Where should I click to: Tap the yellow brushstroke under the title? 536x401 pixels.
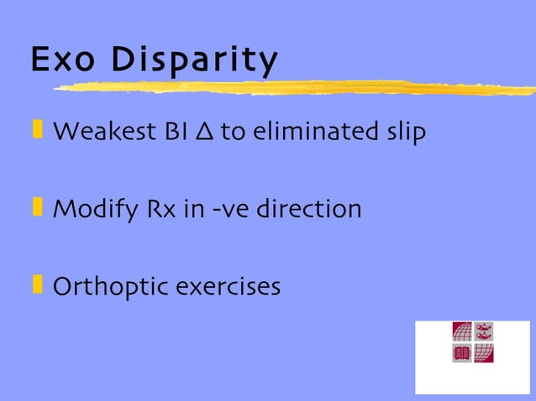pyautogui.click(x=294, y=86)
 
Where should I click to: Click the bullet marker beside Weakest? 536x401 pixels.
pyautogui.click(x=37, y=130)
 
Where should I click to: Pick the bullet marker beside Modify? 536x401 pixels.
pyautogui.click(x=37, y=206)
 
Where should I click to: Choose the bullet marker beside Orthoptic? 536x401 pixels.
pyautogui.click(x=37, y=284)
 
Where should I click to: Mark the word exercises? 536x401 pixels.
pyautogui.click(x=228, y=287)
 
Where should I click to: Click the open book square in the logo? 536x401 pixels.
pyautogui.click(x=463, y=353)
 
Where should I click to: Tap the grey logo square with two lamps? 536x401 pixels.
pyautogui.click(x=484, y=331)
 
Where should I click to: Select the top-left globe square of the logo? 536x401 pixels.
pyautogui.click(x=463, y=331)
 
